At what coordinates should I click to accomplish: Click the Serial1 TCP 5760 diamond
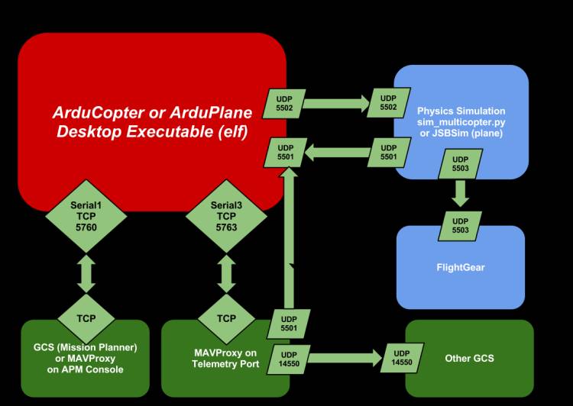point(87,217)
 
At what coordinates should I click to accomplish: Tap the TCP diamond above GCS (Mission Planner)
point(87,318)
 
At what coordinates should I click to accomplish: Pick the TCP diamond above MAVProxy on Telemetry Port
point(226,318)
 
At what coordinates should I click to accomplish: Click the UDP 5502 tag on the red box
point(286,105)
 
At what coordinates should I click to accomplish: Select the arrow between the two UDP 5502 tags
point(336,101)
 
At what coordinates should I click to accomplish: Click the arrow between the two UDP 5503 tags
point(459,193)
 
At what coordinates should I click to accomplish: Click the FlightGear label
point(461,268)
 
